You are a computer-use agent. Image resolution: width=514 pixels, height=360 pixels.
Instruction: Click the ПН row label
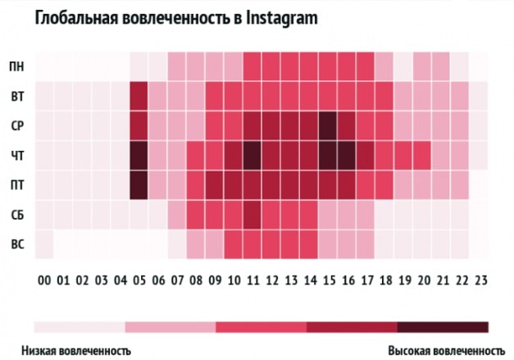[x=16, y=66]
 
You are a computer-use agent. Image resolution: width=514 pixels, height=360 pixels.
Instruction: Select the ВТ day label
[x=16, y=96]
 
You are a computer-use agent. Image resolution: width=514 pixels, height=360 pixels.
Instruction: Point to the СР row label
[x=16, y=125]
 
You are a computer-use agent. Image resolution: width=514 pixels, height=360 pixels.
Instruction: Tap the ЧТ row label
[x=16, y=156]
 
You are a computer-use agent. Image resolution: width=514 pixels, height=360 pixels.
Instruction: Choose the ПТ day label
[x=16, y=185]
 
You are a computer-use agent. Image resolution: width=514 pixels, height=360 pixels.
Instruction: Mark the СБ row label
[x=16, y=215]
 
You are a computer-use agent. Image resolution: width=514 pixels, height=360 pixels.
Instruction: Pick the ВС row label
[x=16, y=244]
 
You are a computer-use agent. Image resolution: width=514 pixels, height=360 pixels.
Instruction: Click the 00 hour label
[x=44, y=280]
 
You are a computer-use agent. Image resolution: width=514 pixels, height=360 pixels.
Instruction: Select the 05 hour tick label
[x=139, y=280]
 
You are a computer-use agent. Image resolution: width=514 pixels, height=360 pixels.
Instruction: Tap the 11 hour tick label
[x=252, y=280]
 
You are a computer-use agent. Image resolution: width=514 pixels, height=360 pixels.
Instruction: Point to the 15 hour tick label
[x=328, y=280]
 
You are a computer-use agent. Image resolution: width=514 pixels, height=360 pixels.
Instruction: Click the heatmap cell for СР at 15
[x=328, y=125]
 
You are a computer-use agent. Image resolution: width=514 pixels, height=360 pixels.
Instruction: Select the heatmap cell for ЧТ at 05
[x=139, y=155]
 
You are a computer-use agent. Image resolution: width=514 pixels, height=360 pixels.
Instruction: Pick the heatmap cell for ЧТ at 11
[x=252, y=155]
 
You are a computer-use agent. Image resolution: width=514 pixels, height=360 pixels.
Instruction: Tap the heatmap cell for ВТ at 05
[x=139, y=96]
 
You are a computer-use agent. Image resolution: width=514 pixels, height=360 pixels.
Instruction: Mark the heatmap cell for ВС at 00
[x=44, y=244]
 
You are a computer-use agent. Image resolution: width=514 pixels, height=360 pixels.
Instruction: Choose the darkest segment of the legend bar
[x=443, y=327]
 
